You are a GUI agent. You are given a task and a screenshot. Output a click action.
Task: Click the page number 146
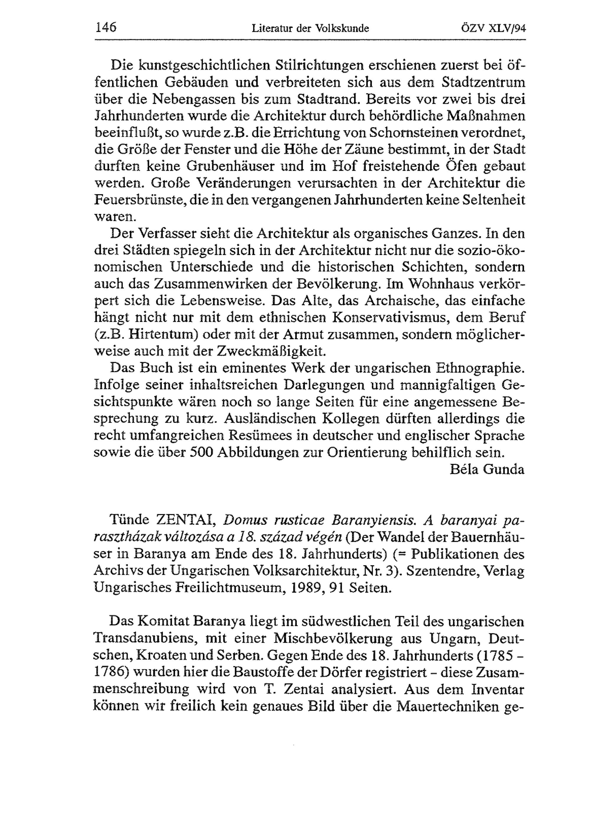[105, 27]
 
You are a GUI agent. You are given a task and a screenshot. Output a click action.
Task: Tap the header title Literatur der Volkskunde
[310, 28]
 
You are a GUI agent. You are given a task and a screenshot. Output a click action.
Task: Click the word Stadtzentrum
[483, 82]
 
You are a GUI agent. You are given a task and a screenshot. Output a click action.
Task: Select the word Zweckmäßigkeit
[270, 351]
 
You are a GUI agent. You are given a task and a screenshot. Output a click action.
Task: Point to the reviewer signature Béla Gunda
[487, 469]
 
